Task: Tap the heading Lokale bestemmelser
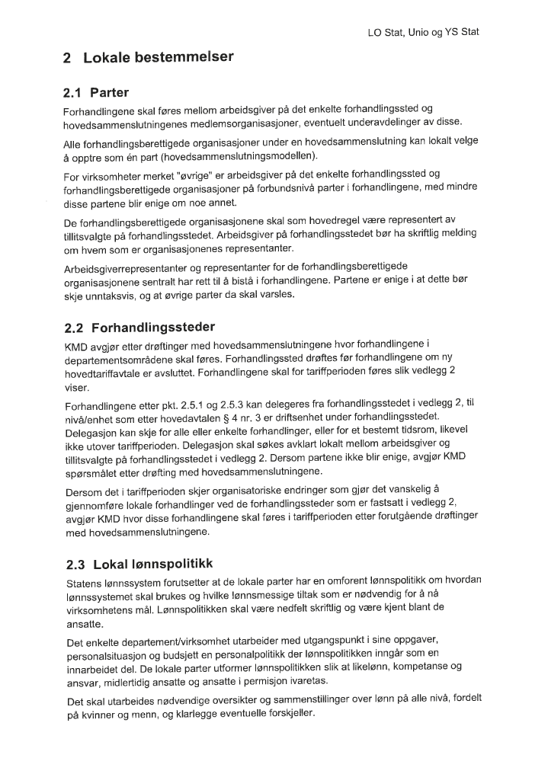pos(148,57)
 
